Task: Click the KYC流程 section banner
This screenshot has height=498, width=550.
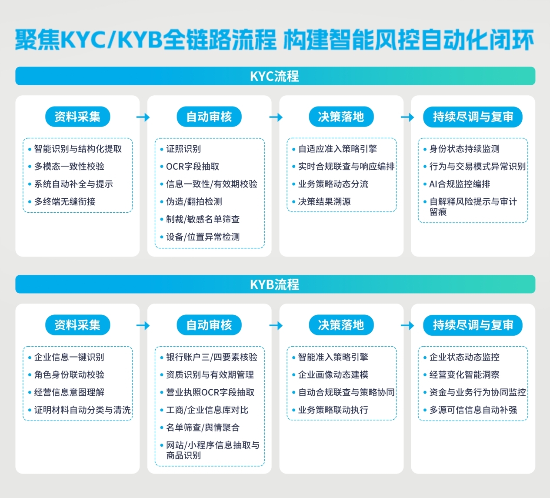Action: (x=275, y=76)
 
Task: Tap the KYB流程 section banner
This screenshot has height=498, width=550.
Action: (x=275, y=284)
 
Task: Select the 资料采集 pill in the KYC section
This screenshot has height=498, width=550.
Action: (x=77, y=117)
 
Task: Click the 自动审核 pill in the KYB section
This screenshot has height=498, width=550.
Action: (x=209, y=325)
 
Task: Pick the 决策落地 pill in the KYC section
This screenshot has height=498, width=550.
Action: (x=341, y=117)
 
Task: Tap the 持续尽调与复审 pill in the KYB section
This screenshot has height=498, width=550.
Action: (x=473, y=325)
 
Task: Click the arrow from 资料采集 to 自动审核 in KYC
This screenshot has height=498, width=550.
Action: (x=143, y=117)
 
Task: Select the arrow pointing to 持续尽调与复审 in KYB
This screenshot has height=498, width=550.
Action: (x=407, y=325)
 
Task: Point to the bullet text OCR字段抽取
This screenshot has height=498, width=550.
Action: (x=193, y=167)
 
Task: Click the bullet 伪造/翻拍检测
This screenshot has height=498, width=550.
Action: (x=194, y=202)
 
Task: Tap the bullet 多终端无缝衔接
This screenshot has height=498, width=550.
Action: (x=65, y=202)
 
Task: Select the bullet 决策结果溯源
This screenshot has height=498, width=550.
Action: (x=324, y=202)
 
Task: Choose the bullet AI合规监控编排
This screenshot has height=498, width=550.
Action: (x=460, y=184)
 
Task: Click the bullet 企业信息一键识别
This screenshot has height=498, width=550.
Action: (x=69, y=357)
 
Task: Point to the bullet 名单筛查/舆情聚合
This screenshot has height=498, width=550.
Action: (x=203, y=428)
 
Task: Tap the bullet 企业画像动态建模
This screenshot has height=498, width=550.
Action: (x=333, y=375)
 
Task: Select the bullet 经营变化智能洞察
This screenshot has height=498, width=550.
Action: (x=464, y=375)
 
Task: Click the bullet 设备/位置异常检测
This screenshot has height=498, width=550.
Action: (x=203, y=237)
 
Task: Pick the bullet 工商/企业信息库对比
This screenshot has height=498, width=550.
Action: (x=207, y=410)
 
